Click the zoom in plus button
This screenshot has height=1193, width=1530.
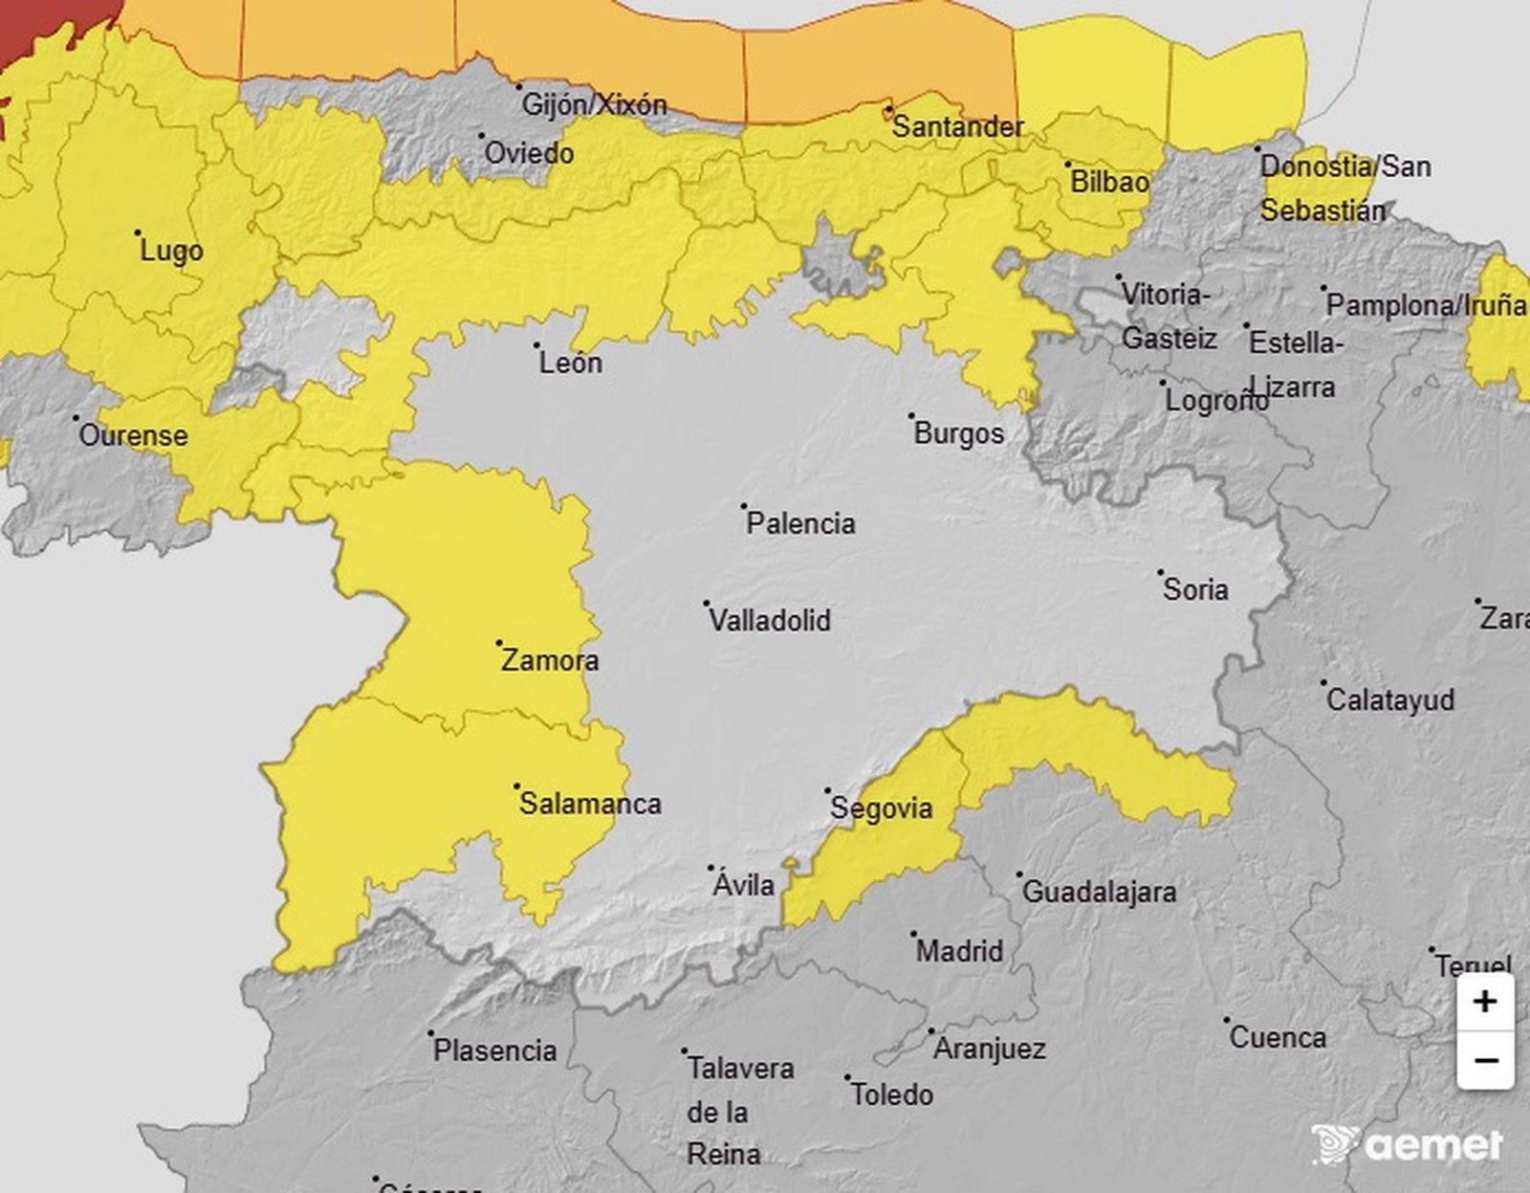point(1484,1002)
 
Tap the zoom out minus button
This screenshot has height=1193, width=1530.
point(1484,1060)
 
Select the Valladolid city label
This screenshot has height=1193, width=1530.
point(770,620)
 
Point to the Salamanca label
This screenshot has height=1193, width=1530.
point(590,803)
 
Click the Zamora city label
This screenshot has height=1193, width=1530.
point(550,660)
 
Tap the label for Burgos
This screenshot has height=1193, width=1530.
point(958,433)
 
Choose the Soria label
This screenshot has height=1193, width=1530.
point(1195,589)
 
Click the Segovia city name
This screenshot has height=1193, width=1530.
point(881,808)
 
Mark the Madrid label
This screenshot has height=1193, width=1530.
point(959,951)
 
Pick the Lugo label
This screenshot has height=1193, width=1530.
point(171,252)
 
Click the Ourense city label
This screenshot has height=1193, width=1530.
point(133,435)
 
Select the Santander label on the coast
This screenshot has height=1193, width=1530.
point(957,126)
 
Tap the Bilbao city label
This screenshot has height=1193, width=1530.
point(1109,181)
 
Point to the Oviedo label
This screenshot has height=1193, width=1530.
point(529,153)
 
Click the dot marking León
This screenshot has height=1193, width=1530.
point(536,345)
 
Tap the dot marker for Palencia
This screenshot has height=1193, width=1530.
point(744,506)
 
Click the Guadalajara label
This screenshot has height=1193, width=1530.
point(1100,892)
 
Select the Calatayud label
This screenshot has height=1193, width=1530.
point(1389,699)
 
